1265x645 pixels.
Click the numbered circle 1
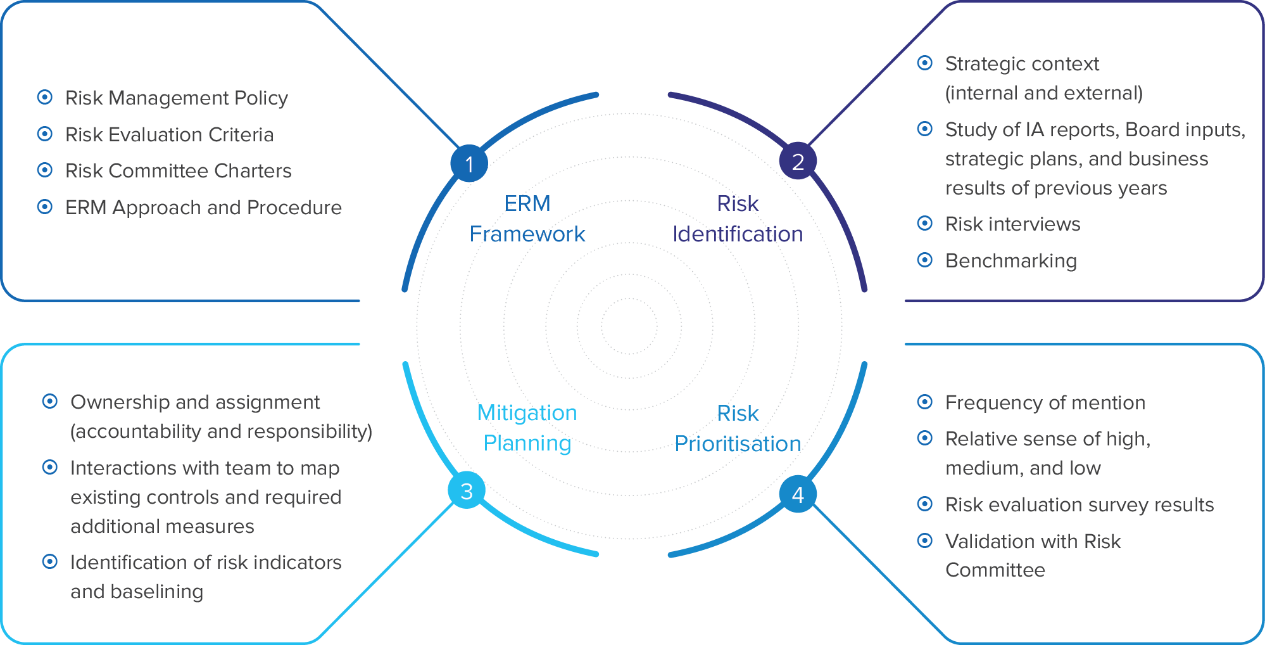tap(469, 163)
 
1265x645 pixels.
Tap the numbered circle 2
tap(798, 162)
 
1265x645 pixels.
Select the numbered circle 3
tap(467, 490)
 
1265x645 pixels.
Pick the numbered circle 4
tap(798, 494)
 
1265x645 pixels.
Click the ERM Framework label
tap(527, 219)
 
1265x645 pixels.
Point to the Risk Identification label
tap(738, 219)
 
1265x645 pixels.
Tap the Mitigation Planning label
tap(527, 428)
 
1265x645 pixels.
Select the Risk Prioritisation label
tap(738, 428)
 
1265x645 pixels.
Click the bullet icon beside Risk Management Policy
tap(45, 97)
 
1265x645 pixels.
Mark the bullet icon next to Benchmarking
tap(925, 260)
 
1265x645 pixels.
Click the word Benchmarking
tap(1010, 260)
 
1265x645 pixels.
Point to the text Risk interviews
tap(1012, 224)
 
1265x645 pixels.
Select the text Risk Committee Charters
tap(178, 170)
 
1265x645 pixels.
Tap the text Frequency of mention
tap(1045, 402)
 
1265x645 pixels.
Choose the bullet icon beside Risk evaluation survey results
tap(925, 504)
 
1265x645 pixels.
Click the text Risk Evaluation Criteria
tap(169, 134)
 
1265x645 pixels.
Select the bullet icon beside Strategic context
tap(925, 63)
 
